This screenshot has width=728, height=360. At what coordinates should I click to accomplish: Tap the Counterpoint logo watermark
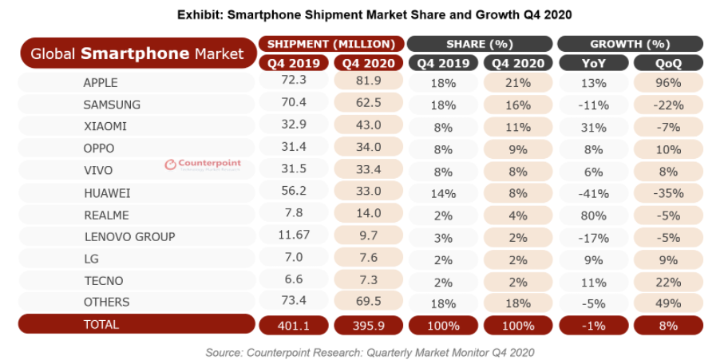point(203,164)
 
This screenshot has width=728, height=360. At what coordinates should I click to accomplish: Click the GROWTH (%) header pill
point(630,43)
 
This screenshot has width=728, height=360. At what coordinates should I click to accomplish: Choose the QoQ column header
point(668,62)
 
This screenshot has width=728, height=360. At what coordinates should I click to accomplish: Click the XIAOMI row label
point(105,126)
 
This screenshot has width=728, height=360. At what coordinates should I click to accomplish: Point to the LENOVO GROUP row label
point(129,236)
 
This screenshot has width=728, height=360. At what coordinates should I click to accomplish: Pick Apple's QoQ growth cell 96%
point(668,82)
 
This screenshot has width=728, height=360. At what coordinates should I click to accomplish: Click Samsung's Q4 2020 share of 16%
point(518,105)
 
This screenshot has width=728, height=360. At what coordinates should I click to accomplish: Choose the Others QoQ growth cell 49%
point(668,303)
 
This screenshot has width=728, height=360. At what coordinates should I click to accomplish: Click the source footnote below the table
point(370,351)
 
